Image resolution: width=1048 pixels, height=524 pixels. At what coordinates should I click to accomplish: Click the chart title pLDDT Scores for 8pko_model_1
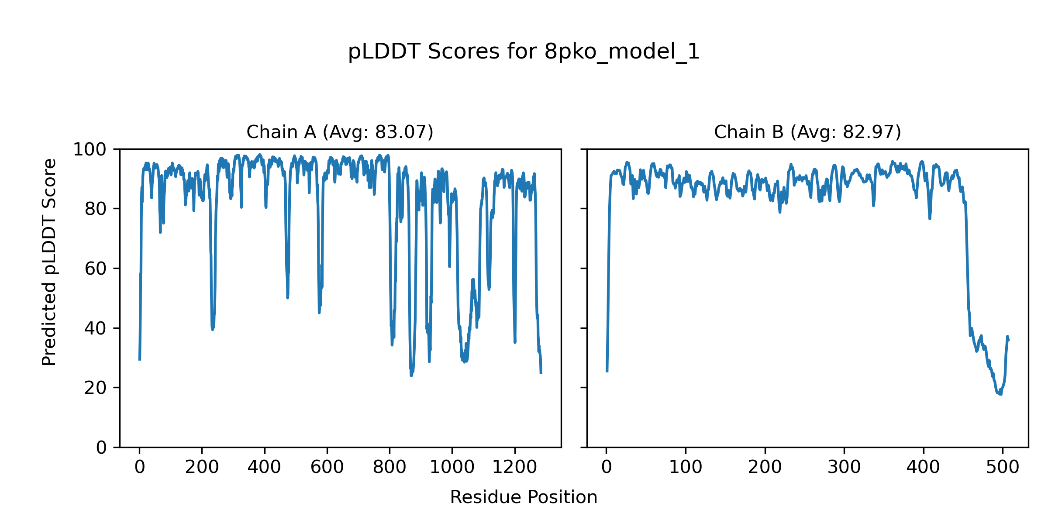point(524,52)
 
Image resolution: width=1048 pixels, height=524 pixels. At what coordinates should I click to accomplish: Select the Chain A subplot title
point(340,132)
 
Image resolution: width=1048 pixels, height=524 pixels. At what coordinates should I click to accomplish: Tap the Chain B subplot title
point(807,132)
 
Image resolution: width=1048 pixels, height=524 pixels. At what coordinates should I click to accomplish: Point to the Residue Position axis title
point(524,497)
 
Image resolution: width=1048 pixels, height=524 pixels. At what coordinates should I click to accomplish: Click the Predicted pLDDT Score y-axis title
point(49,262)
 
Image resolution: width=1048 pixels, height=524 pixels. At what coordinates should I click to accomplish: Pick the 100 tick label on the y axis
point(90,150)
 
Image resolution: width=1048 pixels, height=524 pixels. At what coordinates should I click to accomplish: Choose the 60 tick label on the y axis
point(96,269)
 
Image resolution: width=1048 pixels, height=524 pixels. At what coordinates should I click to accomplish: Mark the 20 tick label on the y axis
point(96,388)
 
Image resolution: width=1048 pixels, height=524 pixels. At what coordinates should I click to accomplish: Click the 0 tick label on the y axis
point(101,448)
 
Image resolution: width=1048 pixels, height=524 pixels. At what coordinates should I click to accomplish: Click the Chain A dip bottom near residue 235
point(213,329)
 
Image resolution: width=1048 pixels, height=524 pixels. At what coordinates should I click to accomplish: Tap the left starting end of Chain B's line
point(607,372)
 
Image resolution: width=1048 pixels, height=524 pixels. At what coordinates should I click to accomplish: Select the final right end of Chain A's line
point(541,373)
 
